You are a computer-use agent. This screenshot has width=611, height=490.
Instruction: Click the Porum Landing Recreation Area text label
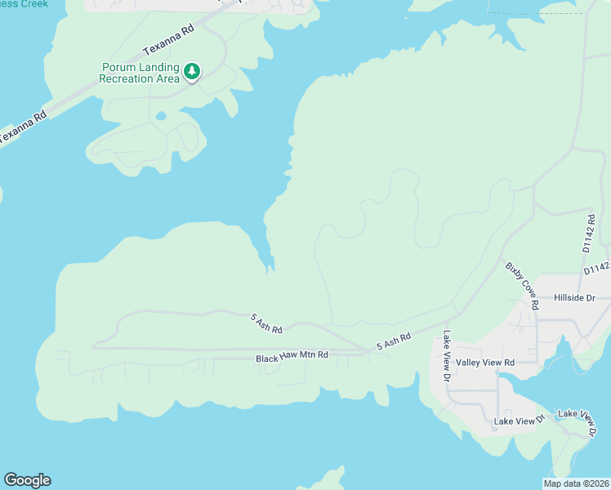139,73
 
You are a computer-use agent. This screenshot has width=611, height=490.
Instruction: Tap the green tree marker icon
192,72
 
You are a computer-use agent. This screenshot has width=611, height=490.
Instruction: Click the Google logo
27,480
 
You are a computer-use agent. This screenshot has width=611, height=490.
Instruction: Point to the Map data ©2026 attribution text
576,483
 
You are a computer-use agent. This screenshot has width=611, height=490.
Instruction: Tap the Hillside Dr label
575,299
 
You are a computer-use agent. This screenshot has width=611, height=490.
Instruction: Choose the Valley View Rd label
485,362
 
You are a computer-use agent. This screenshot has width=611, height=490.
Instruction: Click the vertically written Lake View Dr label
447,356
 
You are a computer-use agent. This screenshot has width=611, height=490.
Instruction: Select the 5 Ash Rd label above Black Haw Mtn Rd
266,323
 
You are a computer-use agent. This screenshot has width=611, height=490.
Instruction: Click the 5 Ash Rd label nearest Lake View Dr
393,341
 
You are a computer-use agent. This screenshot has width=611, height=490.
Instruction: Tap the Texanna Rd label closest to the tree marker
167,38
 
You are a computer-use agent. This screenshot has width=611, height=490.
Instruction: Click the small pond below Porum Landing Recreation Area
161,116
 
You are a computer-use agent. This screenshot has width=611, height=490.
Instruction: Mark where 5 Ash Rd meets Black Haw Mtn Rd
365,351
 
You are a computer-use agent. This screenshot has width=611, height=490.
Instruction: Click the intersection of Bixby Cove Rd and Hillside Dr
537,300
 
